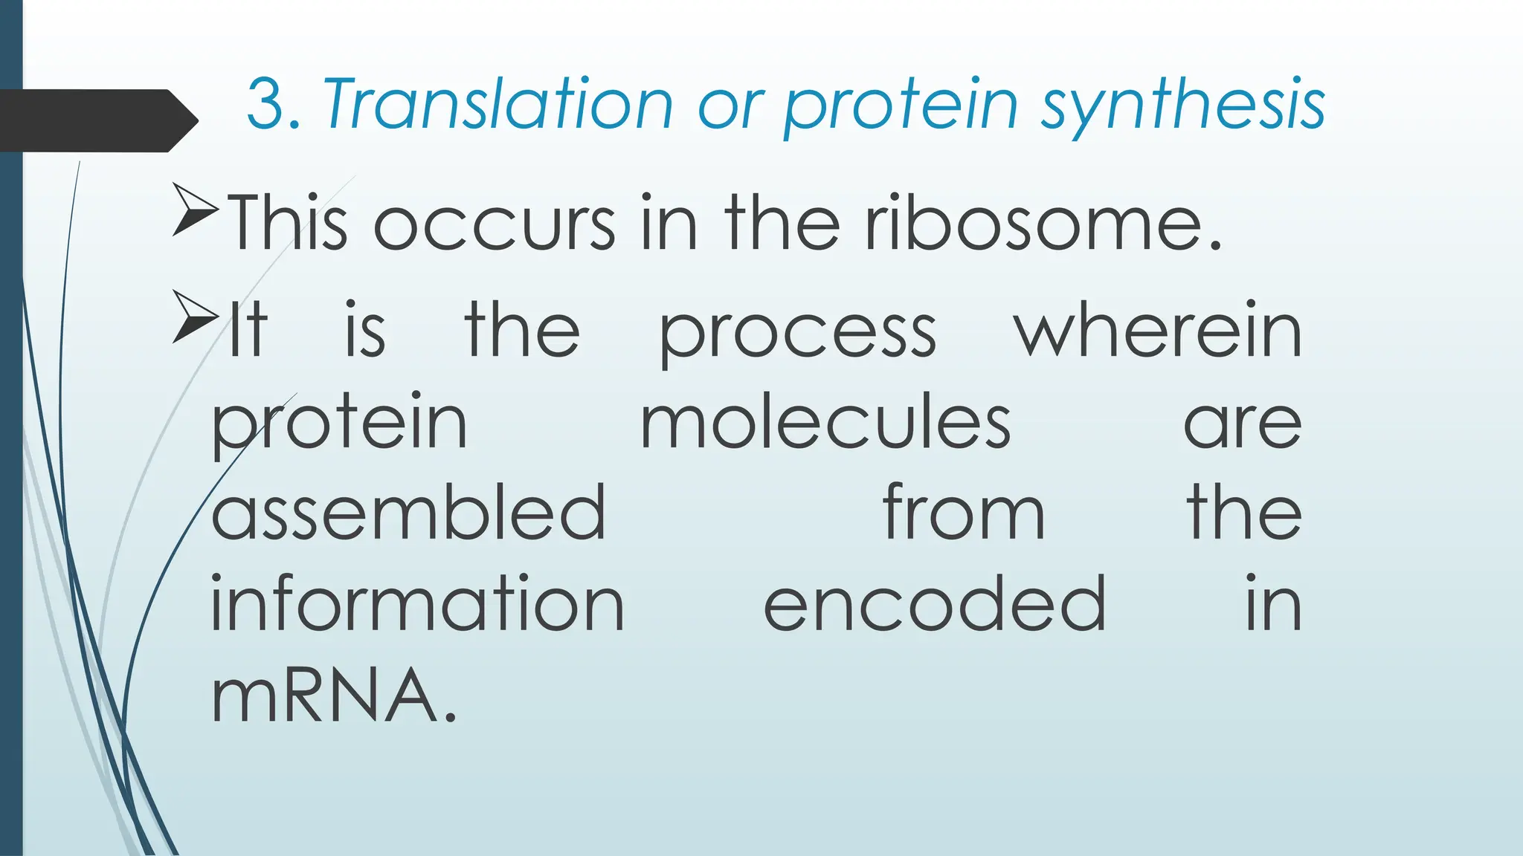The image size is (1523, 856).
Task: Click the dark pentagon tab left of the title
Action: click(x=97, y=120)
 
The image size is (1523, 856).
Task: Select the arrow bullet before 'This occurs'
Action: click(x=195, y=210)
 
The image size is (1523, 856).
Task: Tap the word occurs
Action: click(x=494, y=225)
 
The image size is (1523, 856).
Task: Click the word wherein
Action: click(x=1158, y=331)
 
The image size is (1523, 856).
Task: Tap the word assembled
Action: click(x=408, y=513)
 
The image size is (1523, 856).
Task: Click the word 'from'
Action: click(x=964, y=513)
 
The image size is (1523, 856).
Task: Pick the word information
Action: click(x=417, y=604)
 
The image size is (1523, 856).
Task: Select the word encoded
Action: click(x=935, y=604)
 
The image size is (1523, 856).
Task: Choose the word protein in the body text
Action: click(x=339, y=424)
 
